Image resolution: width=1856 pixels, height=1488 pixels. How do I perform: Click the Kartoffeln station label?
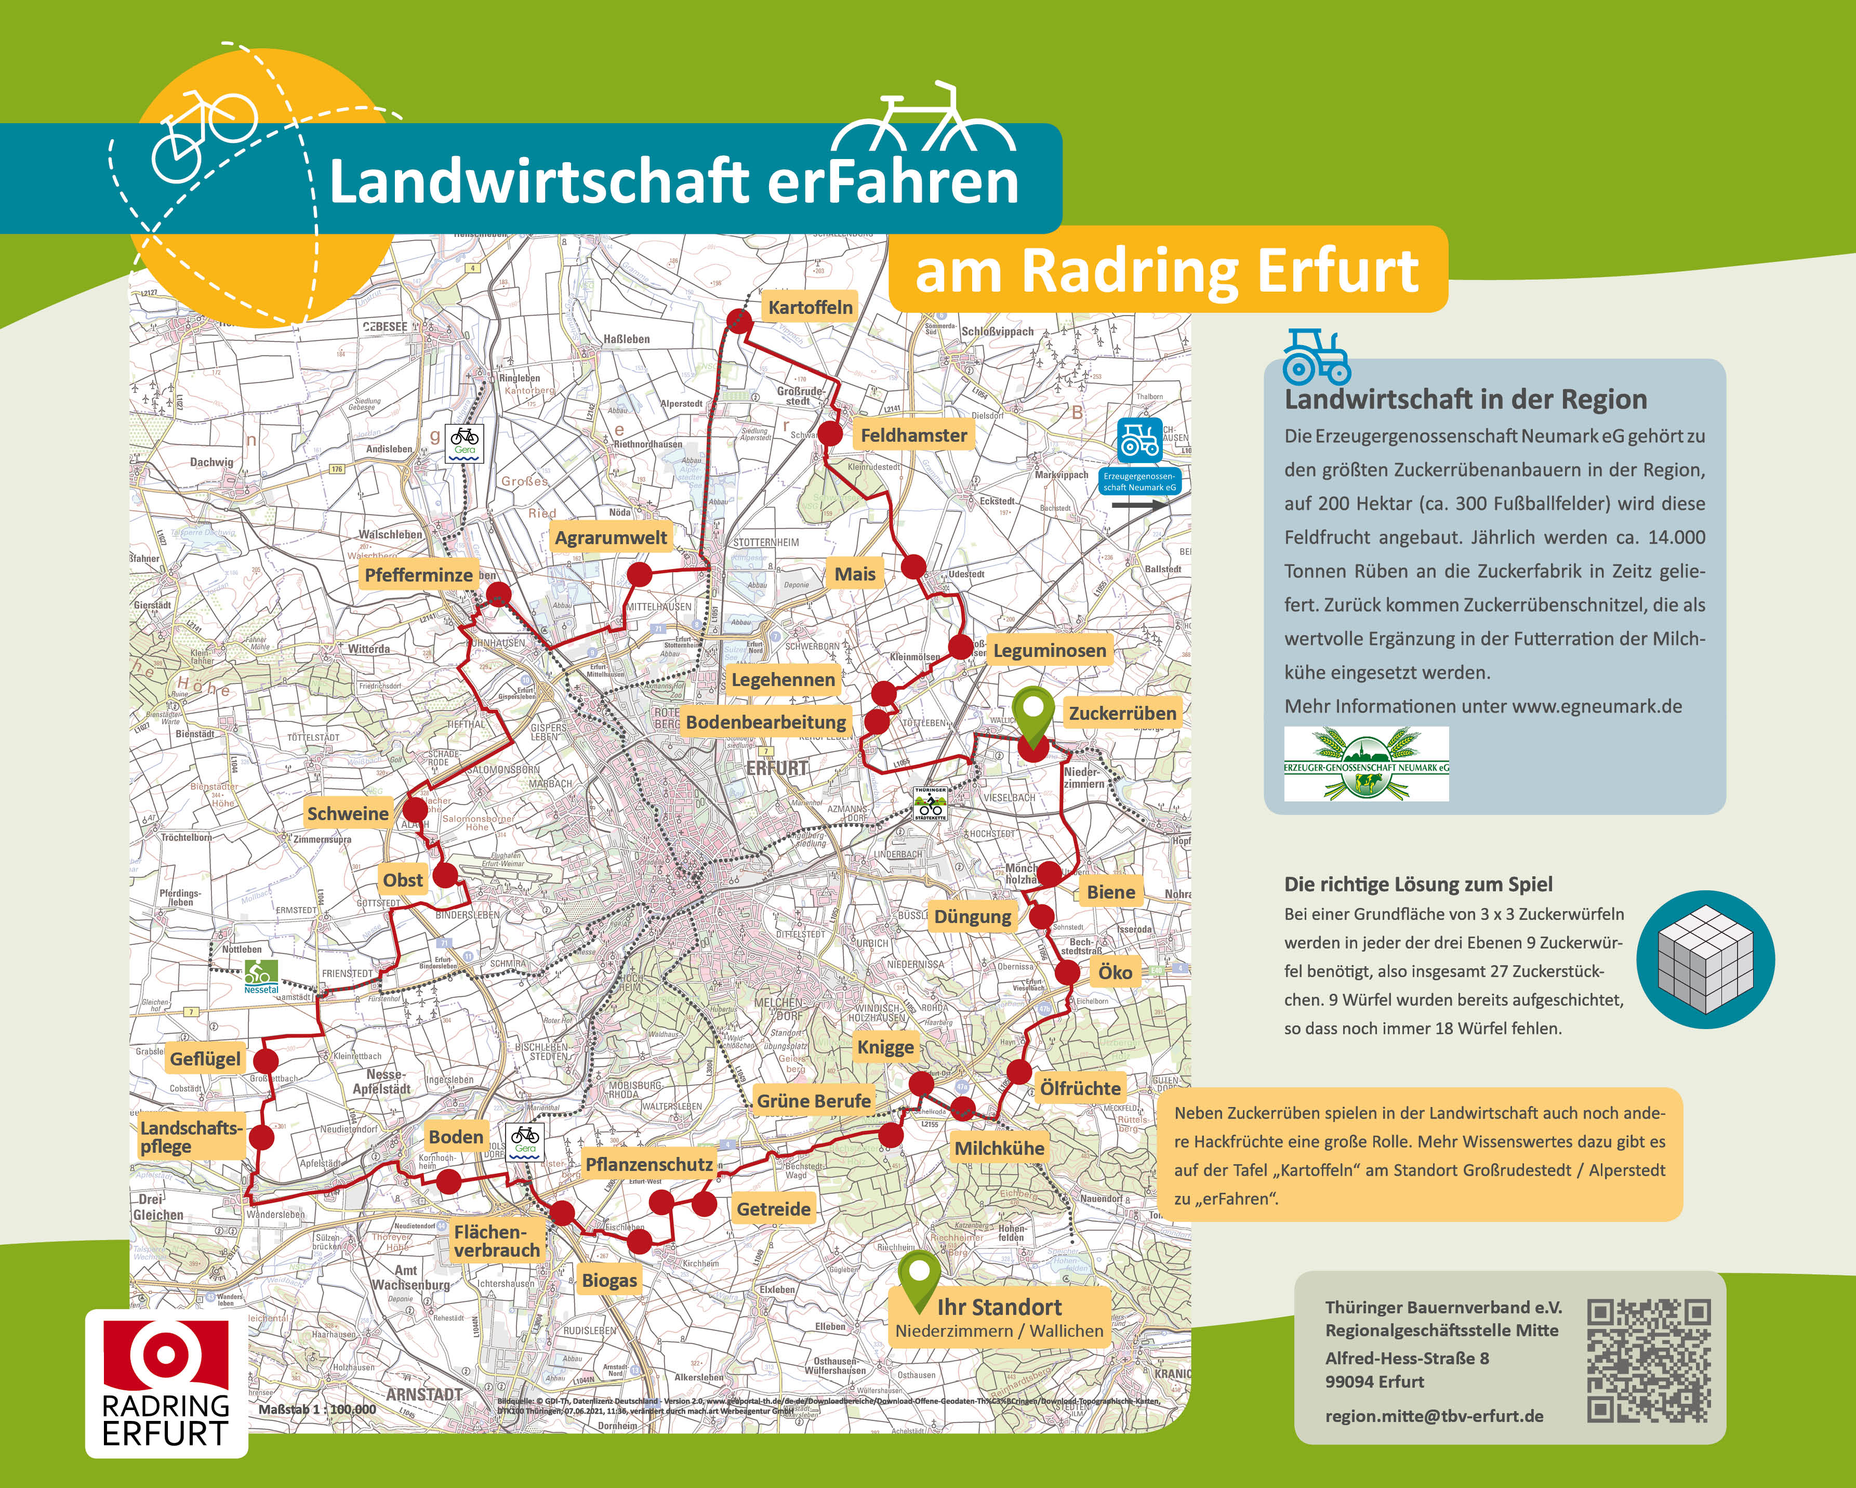click(810, 307)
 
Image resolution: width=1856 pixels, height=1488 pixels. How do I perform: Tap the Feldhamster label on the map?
click(913, 436)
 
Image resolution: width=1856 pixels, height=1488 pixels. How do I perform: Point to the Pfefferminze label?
click(418, 575)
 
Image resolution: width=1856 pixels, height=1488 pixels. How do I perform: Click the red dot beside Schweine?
click(415, 809)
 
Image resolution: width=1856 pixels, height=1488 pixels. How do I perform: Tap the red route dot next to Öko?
click(1067, 973)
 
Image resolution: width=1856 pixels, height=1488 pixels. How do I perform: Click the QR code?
click(1648, 1361)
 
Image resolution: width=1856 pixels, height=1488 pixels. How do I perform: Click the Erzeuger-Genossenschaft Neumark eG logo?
click(1366, 764)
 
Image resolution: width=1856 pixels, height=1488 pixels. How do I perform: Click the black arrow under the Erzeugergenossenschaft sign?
click(1138, 506)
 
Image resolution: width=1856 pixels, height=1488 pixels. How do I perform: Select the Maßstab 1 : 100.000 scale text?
click(317, 1410)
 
